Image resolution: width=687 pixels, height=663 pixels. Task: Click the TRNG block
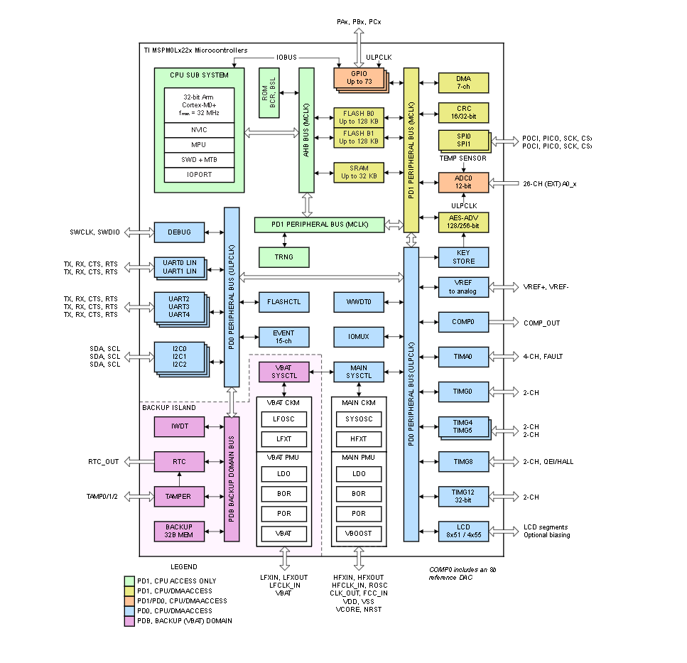point(284,257)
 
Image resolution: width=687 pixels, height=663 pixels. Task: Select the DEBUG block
point(179,232)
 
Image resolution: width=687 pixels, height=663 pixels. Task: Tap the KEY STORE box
point(463,257)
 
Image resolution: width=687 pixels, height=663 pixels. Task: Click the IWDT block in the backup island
point(179,426)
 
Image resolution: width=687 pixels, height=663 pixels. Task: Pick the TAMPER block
point(179,497)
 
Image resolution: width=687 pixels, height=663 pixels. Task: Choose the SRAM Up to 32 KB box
point(359,172)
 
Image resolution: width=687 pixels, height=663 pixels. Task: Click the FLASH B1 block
point(359,137)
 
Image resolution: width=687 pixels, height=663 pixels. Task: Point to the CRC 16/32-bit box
point(463,112)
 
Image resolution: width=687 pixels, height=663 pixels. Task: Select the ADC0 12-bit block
point(463,183)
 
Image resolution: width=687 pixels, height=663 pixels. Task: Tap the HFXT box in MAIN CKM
point(359,439)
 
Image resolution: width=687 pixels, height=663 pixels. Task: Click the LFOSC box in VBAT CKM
point(284,419)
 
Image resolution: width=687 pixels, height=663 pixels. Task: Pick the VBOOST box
point(359,534)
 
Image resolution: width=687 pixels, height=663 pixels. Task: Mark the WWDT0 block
point(359,302)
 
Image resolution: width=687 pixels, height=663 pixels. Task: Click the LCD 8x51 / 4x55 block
point(463,531)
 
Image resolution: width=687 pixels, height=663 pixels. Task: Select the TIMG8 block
point(463,461)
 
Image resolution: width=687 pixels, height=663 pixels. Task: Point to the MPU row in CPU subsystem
point(200,145)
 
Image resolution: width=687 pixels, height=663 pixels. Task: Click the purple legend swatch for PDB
point(129,621)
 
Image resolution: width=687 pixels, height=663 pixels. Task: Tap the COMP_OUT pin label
point(542,323)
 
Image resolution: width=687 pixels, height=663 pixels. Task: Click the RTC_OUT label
point(104,462)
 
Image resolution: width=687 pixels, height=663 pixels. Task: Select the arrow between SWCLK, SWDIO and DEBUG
point(139,232)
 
